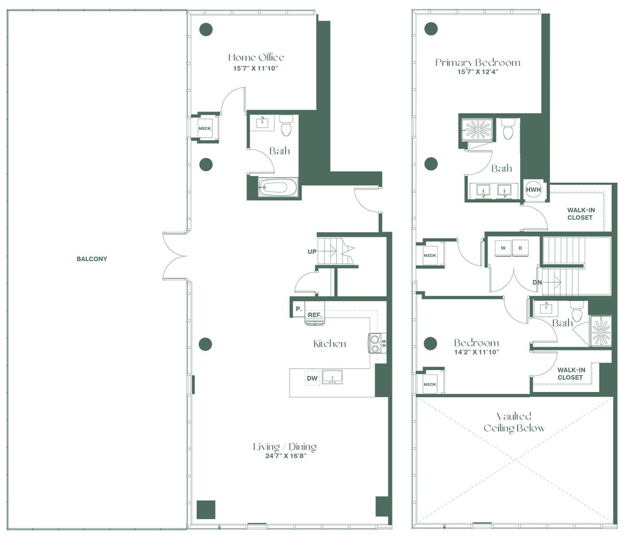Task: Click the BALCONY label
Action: (x=92, y=259)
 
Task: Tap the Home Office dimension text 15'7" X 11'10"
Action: (x=256, y=68)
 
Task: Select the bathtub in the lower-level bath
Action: (x=277, y=187)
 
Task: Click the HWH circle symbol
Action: (x=533, y=190)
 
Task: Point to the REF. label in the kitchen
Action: (x=315, y=315)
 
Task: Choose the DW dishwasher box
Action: (x=312, y=378)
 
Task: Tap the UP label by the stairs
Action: (x=312, y=251)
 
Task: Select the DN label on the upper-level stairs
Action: (x=537, y=282)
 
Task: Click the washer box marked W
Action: (x=503, y=248)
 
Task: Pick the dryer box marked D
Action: (x=520, y=248)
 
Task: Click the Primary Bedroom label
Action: (x=478, y=62)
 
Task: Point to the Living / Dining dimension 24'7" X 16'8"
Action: (x=286, y=456)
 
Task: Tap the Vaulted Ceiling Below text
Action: (x=514, y=422)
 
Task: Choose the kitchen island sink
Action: (x=332, y=377)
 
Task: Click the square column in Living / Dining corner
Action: (x=206, y=510)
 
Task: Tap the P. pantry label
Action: (x=299, y=309)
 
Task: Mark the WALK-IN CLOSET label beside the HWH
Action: (x=580, y=214)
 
